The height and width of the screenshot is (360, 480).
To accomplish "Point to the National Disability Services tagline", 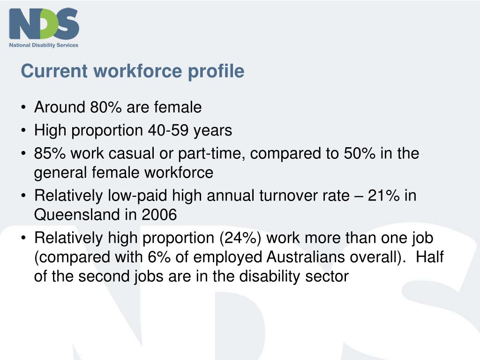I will click(x=44, y=45).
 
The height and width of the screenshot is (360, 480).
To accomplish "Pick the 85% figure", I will click(x=48, y=153).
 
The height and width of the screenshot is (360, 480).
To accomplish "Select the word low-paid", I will click(x=125, y=195).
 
